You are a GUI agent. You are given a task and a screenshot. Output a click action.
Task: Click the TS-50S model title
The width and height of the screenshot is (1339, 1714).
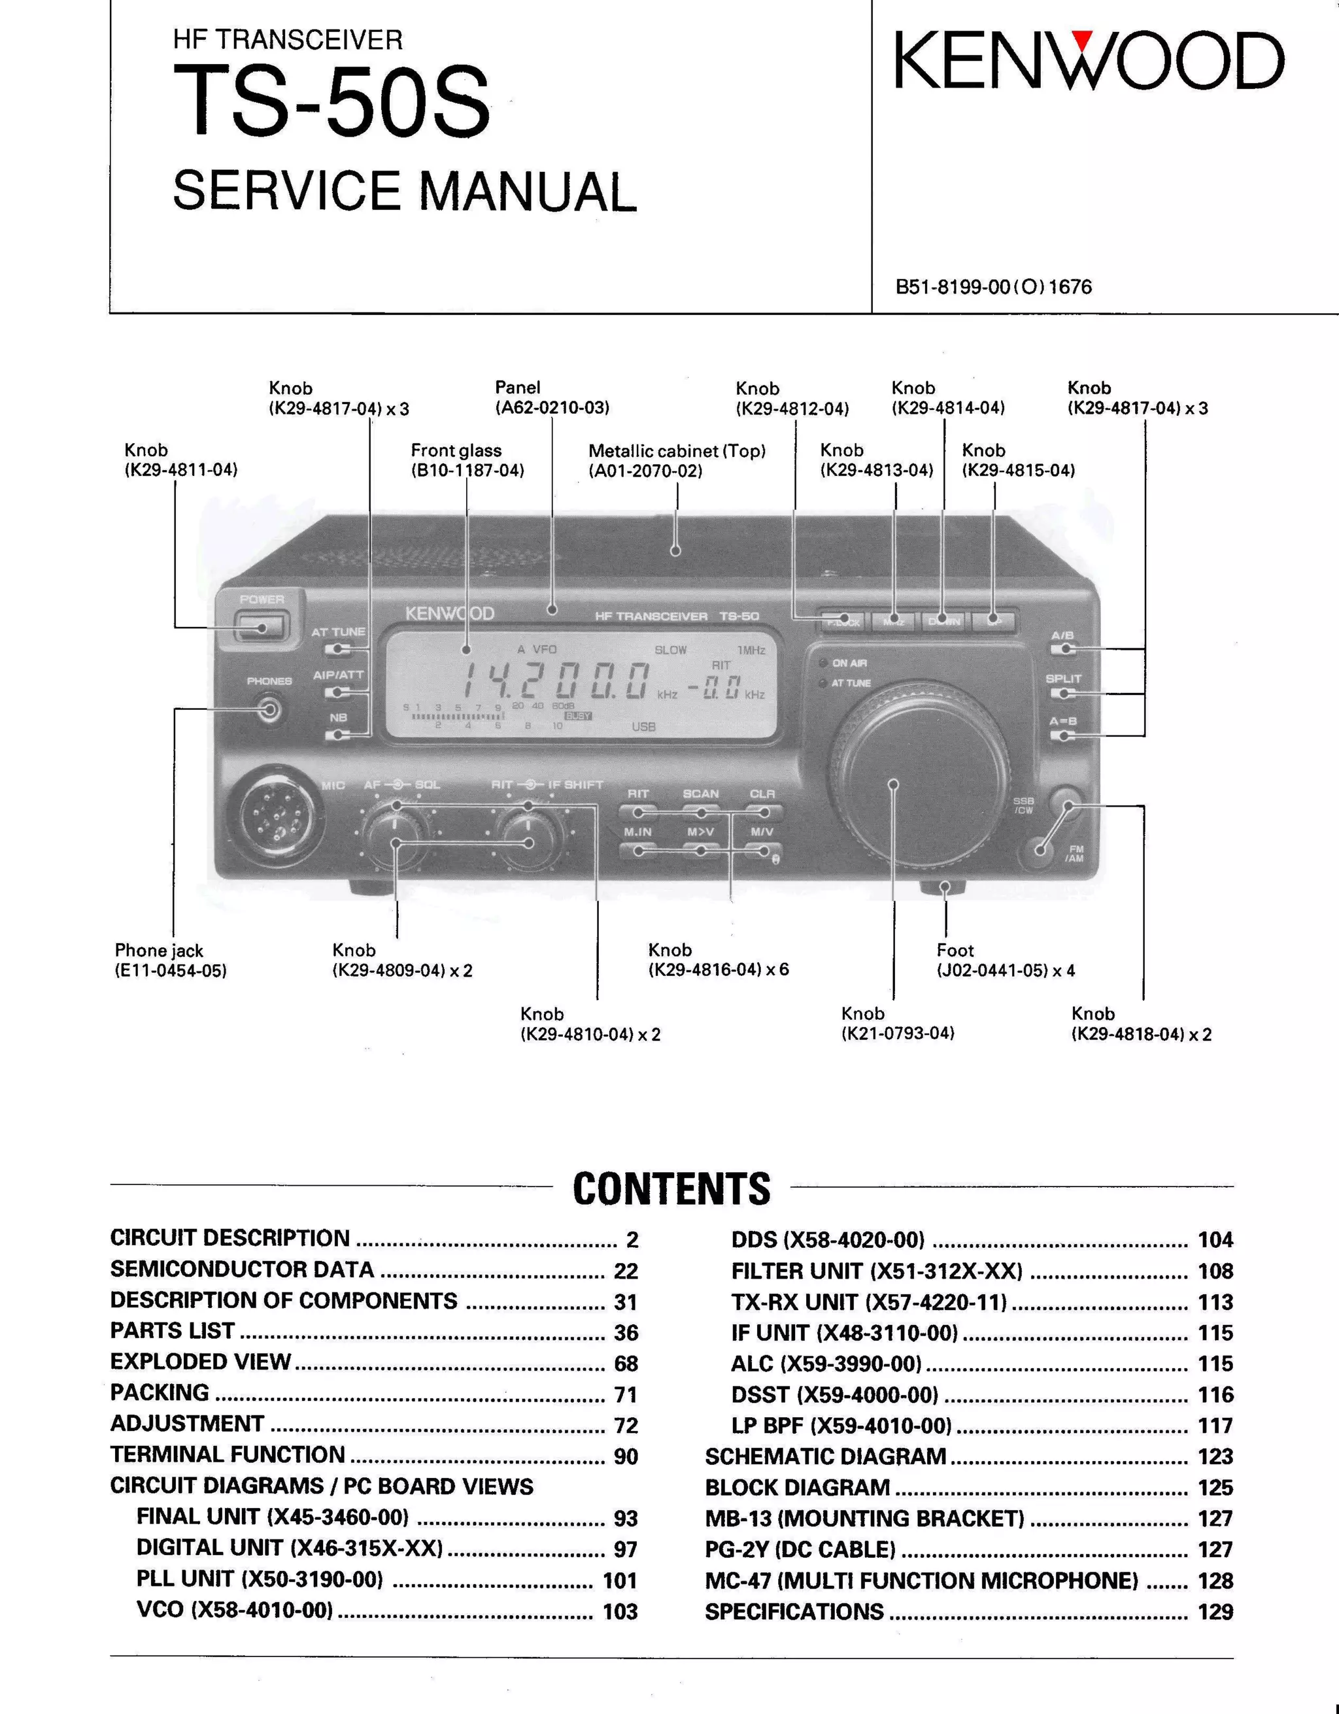click(x=331, y=102)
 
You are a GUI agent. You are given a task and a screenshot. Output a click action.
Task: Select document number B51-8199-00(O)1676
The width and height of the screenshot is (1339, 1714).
click(x=993, y=286)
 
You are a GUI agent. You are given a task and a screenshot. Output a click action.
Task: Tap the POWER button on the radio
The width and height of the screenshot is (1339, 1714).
click(x=262, y=627)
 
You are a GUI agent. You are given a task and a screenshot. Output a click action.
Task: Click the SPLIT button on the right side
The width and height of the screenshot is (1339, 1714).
click(x=1064, y=693)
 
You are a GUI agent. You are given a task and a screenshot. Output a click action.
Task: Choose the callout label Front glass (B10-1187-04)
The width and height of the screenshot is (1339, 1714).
click(x=467, y=460)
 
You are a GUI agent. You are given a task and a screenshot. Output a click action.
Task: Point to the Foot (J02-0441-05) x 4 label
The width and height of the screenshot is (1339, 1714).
click(x=1005, y=960)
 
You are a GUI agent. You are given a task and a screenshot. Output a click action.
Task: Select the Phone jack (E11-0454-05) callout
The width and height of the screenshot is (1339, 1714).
click(x=171, y=960)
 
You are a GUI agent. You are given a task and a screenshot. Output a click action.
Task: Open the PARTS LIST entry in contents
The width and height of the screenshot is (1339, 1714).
click(x=173, y=1331)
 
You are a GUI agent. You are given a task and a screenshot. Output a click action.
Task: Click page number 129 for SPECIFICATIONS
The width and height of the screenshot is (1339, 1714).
click(x=1215, y=1611)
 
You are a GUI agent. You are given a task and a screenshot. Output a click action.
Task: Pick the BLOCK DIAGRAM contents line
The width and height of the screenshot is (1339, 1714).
click(x=796, y=1487)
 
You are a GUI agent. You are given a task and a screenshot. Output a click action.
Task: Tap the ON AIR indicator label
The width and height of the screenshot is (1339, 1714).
click(x=849, y=663)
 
